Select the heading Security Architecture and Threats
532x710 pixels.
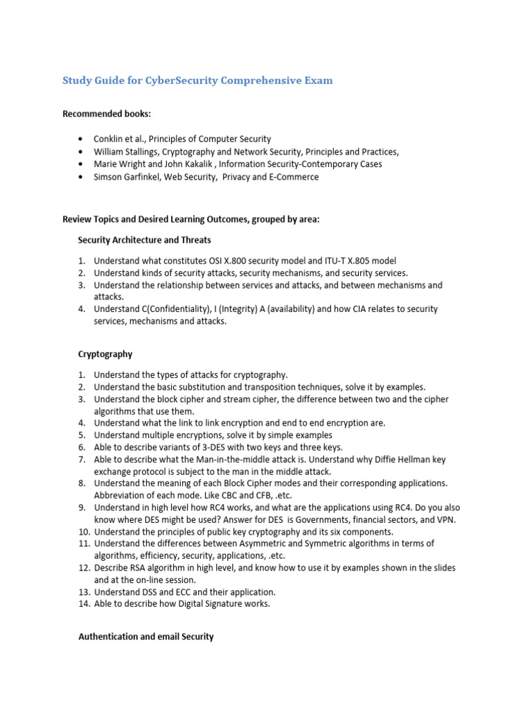(144, 240)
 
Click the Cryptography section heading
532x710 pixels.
(105, 354)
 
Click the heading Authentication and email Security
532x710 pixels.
(145, 636)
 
